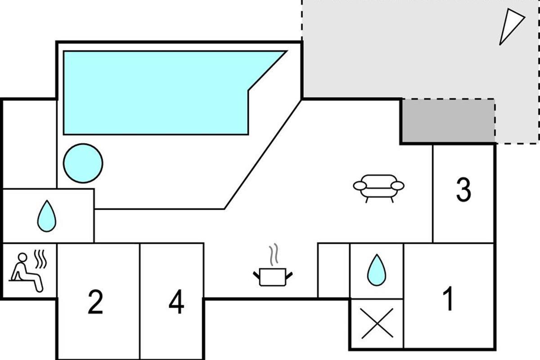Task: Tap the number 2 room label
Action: tap(95, 302)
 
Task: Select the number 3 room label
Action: tap(463, 190)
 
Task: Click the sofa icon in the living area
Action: tap(378, 186)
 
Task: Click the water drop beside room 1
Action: tap(376, 270)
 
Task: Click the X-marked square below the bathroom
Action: tap(377, 324)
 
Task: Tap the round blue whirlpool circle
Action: tap(83, 163)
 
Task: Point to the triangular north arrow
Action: tap(511, 26)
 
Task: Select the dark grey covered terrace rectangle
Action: tap(448, 121)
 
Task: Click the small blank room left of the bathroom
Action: tap(334, 270)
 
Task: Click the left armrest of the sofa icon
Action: tap(360, 185)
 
